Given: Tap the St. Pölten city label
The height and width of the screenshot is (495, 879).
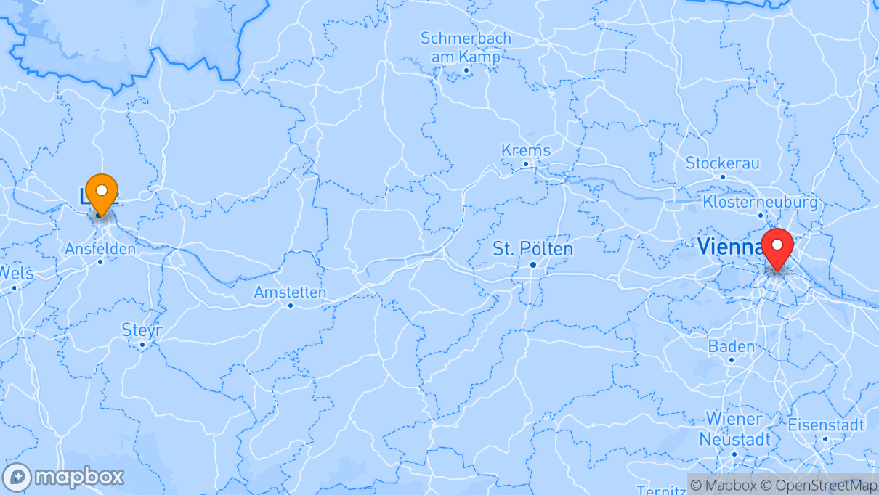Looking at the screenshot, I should [532, 249].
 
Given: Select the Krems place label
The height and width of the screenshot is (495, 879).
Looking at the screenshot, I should [526, 150].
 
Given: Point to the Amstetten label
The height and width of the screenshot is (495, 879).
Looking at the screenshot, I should [290, 292].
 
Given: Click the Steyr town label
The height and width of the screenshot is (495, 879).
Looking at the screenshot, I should [142, 330].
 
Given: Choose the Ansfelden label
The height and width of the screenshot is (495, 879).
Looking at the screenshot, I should [100, 249].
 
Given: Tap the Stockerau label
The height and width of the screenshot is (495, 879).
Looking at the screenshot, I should [721, 163].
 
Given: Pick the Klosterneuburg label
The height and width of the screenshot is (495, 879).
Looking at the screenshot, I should [760, 202].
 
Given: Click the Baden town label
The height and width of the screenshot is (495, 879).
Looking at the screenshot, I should [731, 346].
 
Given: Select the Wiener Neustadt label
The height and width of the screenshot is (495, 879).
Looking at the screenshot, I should [734, 429].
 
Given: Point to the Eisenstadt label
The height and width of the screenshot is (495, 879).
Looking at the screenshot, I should [826, 425].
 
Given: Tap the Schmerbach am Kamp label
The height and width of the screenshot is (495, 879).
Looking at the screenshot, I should [466, 47].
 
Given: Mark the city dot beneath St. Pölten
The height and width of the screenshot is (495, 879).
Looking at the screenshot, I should [532, 265].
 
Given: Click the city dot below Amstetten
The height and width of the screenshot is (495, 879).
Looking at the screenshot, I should [290, 306].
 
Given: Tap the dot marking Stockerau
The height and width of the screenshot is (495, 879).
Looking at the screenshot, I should [722, 176].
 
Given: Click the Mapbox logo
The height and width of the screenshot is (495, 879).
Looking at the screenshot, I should [64, 477].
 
